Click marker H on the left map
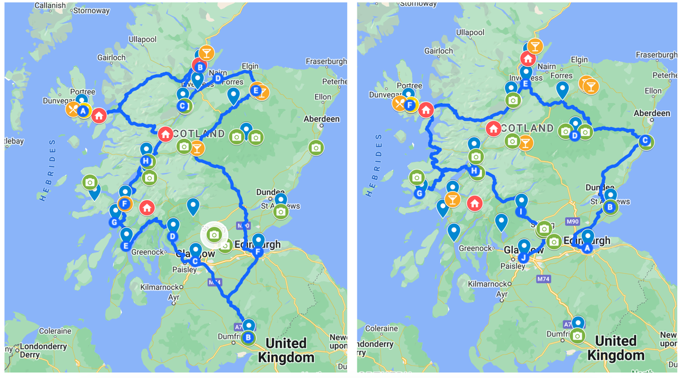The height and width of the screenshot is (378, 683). click(x=146, y=161)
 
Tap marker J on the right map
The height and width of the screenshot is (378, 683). click(x=523, y=257)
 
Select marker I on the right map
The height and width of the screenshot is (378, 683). click(x=521, y=211)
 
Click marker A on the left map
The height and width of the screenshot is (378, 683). click(x=83, y=111)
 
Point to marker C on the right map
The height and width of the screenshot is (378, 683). click(x=645, y=140)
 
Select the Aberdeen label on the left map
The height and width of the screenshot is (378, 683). click(x=322, y=119)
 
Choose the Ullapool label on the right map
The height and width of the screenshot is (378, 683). click(x=470, y=32)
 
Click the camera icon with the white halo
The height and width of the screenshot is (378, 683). click(x=214, y=234)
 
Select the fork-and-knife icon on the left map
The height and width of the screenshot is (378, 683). click(x=72, y=109)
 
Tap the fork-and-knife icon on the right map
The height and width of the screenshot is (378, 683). click(x=398, y=103)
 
